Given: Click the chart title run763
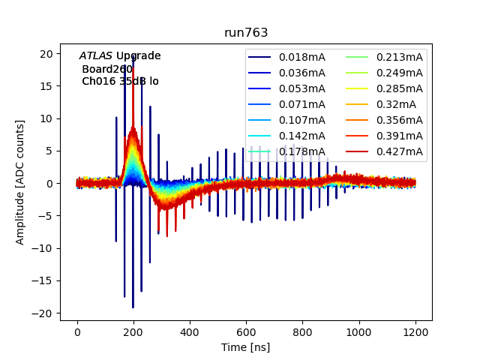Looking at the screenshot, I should [246, 33].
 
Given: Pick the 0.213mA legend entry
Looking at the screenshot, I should [399, 57].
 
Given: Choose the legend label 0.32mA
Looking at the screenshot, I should [396, 104].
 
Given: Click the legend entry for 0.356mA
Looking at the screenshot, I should [399, 120].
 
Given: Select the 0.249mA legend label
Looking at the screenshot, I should [399, 73].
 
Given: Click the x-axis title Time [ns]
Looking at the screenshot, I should [246, 347].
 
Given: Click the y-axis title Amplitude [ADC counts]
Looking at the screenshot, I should [20, 181].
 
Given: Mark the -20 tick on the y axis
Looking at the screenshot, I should [45, 313].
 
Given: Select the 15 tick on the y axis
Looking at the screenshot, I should [48, 86].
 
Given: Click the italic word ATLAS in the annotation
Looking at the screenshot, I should [96, 56].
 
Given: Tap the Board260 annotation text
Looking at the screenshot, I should [107, 69].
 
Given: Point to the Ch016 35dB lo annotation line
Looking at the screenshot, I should [120, 81].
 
